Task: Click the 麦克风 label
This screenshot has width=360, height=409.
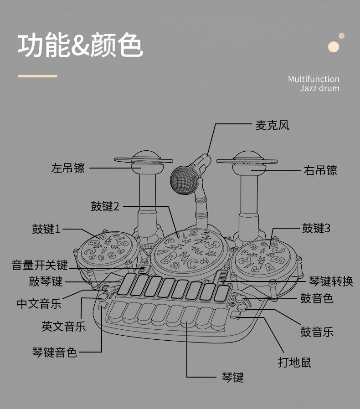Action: (x=272, y=125)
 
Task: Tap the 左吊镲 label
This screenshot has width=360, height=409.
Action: (x=68, y=168)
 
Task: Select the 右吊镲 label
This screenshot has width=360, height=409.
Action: (x=320, y=171)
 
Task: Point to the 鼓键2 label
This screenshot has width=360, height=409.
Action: (x=105, y=206)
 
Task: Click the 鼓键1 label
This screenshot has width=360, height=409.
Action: (x=46, y=229)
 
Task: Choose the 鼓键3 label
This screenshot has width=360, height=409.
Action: (x=316, y=228)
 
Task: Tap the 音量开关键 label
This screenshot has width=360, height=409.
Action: (x=40, y=265)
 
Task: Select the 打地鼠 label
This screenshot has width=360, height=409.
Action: (x=295, y=362)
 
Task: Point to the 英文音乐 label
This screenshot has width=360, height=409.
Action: (x=63, y=326)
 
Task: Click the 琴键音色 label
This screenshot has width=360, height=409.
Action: (x=55, y=352)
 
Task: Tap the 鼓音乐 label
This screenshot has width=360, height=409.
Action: (x=317, y=332)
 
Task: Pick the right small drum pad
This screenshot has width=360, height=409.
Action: (x=267, y=258)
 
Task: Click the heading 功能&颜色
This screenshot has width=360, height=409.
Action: (x=80, y=46)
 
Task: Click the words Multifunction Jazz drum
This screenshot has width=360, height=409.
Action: (x=314, y=83)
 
